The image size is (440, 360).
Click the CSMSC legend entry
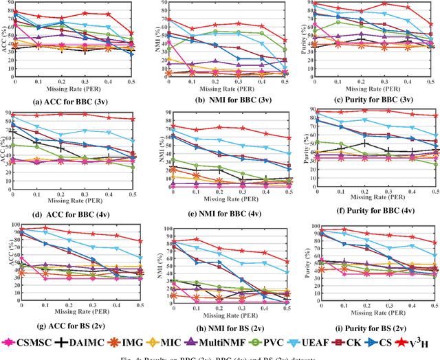31,341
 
